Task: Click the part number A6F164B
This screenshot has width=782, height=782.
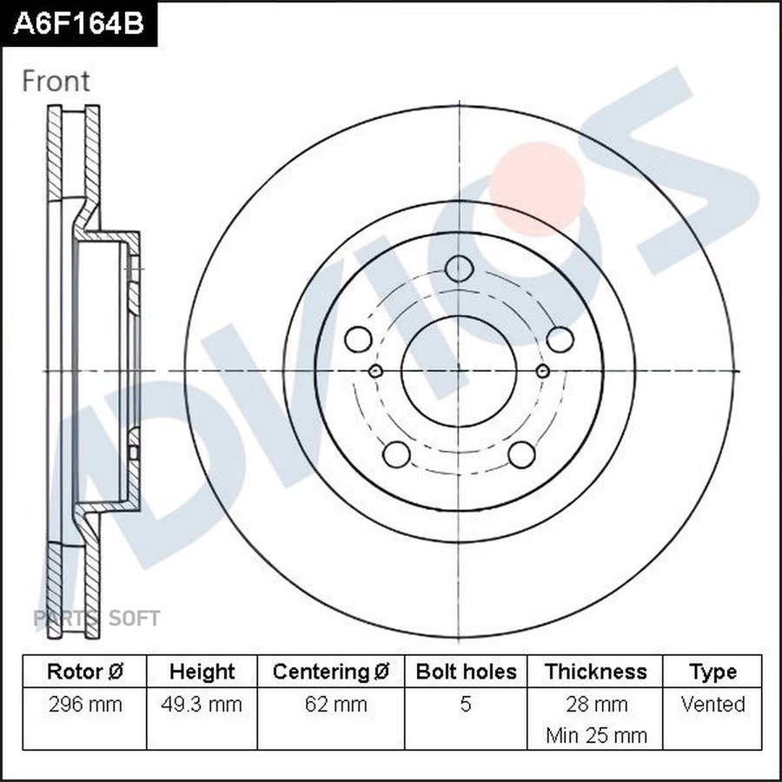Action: coord(78,23)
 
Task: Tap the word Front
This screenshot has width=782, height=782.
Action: coord(56,81)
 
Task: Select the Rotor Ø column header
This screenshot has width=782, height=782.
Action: coord(85,672)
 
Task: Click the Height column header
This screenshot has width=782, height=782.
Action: coord(202,672)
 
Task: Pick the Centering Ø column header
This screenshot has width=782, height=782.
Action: coord(331,672)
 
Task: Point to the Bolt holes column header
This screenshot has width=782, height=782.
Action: coord(466,672)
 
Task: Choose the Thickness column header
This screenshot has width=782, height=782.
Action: coord(595,672)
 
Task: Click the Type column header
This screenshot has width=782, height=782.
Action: coord(712,672)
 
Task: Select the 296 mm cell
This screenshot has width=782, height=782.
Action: coord(85,704)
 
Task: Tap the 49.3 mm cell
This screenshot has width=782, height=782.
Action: coord(202,704)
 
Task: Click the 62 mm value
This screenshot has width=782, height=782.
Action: coord(331,704)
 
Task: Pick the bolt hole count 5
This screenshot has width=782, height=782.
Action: coord(466,704)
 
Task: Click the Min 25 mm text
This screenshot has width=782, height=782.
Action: coord(596,735)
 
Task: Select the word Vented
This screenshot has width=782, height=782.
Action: coord(712,704)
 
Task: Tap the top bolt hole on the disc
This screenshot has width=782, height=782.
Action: coord(458,268)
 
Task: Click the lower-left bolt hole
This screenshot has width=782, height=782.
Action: coord(396,454)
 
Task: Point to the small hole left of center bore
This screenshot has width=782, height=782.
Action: coord(375,372)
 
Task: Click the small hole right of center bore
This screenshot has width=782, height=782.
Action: coord(542,372)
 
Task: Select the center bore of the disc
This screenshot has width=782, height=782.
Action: coord(458,371)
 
